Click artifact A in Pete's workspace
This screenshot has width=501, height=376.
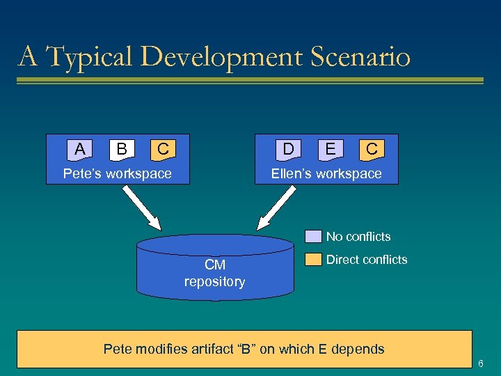pos(81,148)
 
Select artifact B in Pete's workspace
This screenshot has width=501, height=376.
pos(122,148)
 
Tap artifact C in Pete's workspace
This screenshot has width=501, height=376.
pos(163,148)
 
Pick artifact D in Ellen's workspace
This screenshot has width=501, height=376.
pos(289,148)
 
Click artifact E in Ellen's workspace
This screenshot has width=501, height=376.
pos(331,148)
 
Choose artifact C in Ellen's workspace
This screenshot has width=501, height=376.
pos(372,148)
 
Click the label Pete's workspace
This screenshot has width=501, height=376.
pos(118,173)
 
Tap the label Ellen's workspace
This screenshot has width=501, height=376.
pos(326,173)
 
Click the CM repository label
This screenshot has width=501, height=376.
pos(214,274)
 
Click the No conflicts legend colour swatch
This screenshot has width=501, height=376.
pos(314,237)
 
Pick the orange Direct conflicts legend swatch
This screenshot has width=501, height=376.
pos(314,260)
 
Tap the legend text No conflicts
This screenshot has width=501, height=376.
pos(358,237)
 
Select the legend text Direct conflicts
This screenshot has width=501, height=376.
pos(367,260)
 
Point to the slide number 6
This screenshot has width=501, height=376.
pos(481,363)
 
